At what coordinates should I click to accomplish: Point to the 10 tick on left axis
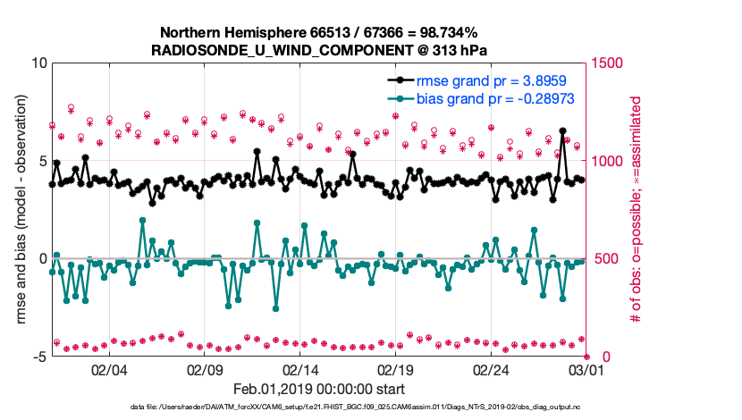point(38,63)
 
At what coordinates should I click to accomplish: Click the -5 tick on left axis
point(38,357)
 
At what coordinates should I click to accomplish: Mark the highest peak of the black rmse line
point(562,130)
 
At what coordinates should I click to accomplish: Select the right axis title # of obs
point(637,210)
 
